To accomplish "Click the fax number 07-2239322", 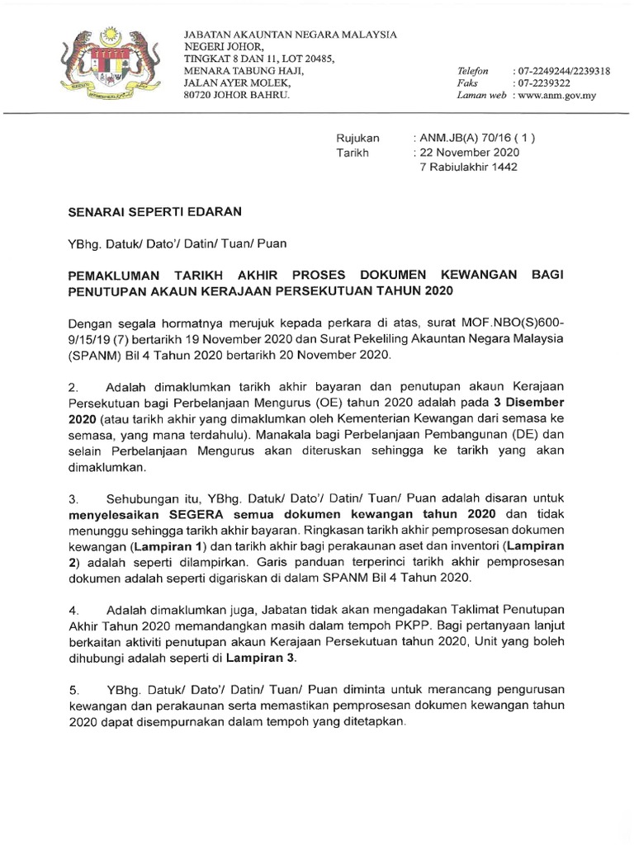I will coord(542,83).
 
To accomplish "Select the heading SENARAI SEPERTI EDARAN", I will coord(155,211).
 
